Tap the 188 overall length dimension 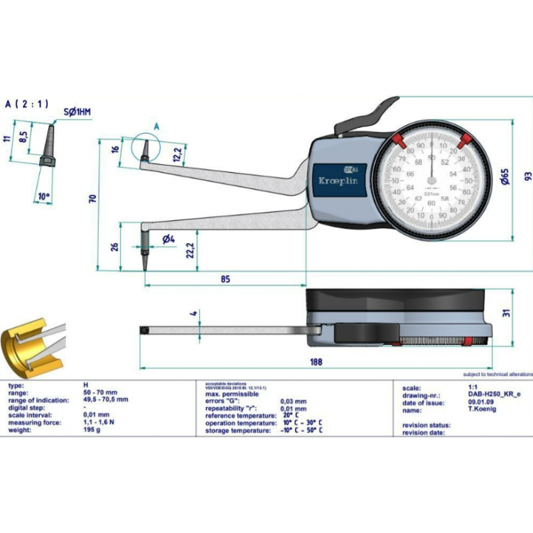(316, 362)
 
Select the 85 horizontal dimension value (225, 279)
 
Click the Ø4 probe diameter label (168, 239)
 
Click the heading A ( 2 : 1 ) (27, 104)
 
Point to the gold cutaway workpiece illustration (28, 352)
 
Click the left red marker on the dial (397, 139)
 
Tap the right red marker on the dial (467, 139)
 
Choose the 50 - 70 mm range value (99, 392)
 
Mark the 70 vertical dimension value (92, 200)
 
